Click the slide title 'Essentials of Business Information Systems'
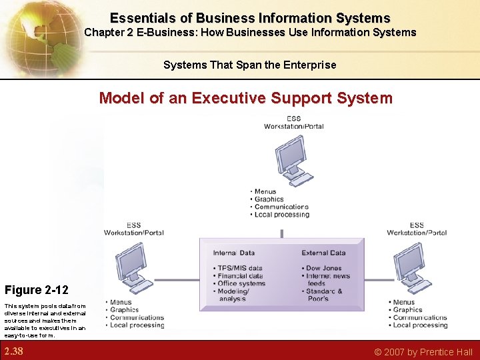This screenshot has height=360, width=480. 249,18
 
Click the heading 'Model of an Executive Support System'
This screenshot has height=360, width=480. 245,99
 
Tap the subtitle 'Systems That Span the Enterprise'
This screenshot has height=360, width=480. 249,65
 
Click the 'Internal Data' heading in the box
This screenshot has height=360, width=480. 233,253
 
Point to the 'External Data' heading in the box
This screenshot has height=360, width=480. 323,253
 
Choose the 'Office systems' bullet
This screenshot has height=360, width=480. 241,283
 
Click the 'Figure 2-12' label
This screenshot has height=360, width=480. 36,290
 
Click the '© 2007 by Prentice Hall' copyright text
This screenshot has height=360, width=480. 423,352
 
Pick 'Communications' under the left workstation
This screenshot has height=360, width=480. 137,317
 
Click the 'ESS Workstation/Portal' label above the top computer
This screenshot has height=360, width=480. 293,123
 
